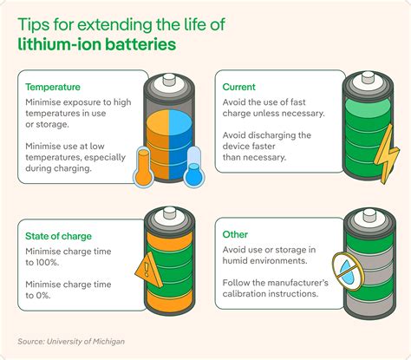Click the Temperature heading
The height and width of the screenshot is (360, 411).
(53, 87)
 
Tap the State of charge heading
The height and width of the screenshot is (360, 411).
(58, 235)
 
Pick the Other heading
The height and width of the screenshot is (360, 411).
(236, 235)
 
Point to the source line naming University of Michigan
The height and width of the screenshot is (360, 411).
(72, 341)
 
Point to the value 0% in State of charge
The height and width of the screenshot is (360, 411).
(39, 296)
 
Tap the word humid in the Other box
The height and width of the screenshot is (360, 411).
(239, 262)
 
